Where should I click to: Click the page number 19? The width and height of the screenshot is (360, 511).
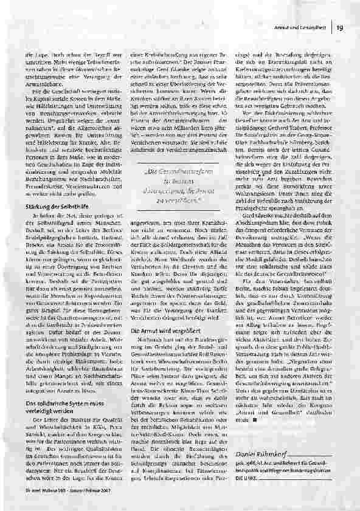341,26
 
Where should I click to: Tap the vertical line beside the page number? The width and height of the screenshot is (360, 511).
334,26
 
